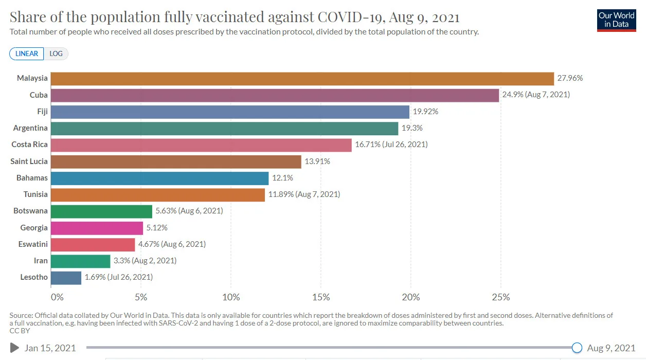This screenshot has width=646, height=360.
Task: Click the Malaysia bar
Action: click(302, 79)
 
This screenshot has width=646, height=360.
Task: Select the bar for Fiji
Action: click(230, 112)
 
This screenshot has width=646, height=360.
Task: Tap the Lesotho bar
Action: click(66, 278)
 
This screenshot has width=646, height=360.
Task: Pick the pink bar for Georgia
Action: click(97, 228)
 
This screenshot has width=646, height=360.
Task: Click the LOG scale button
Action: click(56, 53)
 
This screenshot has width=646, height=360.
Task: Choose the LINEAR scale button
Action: click(27, 53)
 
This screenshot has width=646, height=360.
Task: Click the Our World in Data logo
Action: click(616, 20)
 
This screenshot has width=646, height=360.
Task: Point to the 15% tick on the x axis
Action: click(321, 297)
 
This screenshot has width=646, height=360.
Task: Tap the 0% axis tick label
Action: click(57, 297)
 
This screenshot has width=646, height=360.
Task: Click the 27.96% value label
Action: click(570, 79)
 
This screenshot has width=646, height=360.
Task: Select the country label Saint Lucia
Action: click(29, 161)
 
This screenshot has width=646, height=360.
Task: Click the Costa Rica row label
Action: click(30, 145)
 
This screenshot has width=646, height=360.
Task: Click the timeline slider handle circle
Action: click(577, 348)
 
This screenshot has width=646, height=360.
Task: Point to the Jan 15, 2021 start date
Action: click(50, 348)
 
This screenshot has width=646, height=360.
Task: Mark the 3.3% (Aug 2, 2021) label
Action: click(145, 261)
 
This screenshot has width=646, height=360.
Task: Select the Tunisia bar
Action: click(158, 194)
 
